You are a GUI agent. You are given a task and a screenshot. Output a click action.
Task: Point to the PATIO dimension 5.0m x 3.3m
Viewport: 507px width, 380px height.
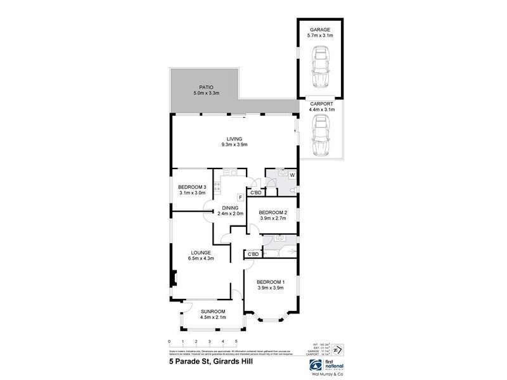[x=206, y=94]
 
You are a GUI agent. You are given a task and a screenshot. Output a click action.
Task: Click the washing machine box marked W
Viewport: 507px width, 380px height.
[x=292, y=175]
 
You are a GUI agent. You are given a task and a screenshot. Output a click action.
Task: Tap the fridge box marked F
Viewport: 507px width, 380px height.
[x=240, y=198]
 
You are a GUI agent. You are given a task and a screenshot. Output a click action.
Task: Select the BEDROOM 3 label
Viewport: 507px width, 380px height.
[x=192, y=187]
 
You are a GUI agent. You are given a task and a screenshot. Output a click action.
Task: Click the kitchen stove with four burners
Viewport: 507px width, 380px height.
[x=217, y=187]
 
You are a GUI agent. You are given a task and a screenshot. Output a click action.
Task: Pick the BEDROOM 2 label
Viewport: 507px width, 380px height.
[x=273, y=212]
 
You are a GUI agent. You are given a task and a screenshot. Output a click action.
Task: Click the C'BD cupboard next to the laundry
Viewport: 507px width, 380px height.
[x=256, y=193]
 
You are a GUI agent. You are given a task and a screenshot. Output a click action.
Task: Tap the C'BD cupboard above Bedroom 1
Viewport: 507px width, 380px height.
[x=253, y=254]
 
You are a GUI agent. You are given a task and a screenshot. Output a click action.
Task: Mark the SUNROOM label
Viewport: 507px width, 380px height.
[x=213, y=311]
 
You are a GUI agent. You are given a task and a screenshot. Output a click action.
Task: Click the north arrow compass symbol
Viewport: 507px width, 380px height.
[x=338, y=350]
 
